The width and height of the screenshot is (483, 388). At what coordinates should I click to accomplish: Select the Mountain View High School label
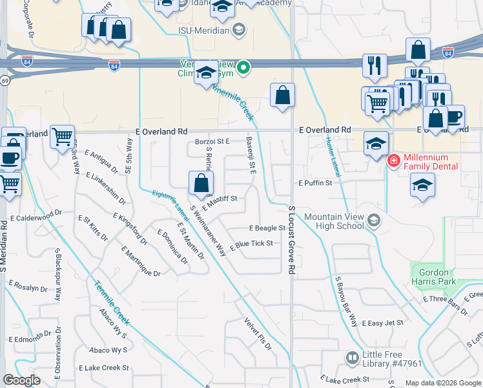click(x=333, y=221)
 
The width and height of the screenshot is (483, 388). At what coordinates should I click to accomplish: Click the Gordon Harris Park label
click(x=433, y=277)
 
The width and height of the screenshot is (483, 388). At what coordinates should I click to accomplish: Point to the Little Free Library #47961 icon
click(x=352, y=358)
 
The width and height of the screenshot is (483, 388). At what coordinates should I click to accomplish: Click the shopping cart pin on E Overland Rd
click(x=62, y=136)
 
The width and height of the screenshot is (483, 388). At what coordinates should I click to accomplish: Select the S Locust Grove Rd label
click(x=292, y=241)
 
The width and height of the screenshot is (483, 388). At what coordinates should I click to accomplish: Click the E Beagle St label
click(x=267, y=228)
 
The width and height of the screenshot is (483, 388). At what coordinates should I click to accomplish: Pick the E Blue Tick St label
click(x=251, y=244)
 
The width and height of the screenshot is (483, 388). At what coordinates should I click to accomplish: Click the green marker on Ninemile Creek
click(x=243, y=67)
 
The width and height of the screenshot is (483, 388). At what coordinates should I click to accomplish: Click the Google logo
click(x=21, y=380)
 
